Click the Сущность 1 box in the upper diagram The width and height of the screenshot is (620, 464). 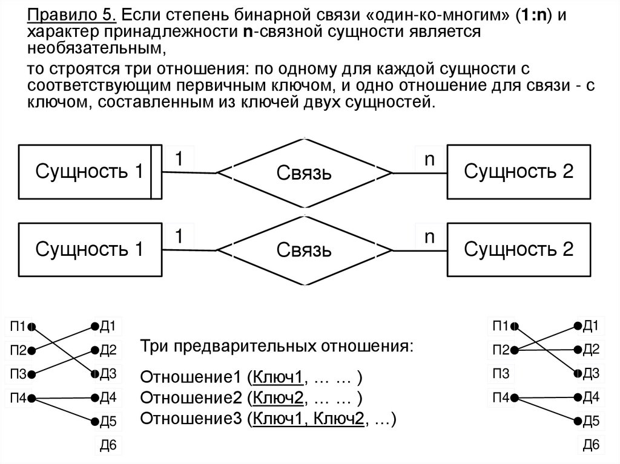pyautogui.click(x=85, y=172)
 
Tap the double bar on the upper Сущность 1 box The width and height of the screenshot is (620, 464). pyautogui.click(x=156, y=172)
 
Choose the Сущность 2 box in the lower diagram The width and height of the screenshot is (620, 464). pyautogui.click(x=518, y=249)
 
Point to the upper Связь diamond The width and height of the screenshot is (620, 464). pyautogui.click(x=305, y=174)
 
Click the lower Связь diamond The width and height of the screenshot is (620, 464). pyautogui.click(x=305, y=249)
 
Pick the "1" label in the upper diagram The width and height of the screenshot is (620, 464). pyautogui.click(x=179, y=159)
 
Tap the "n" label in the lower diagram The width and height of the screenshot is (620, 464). pyautogui.click(x=430, y=237)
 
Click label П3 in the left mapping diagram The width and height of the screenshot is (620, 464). pyautogui.click(x=18, y=374)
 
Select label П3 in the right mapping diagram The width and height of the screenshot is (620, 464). pyautogui.click(x=501, y=373)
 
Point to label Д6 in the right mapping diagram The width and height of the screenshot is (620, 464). pyautogui.click(x=590, y=445)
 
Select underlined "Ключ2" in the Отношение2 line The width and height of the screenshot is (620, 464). pyautogui.click(x=279, y=398)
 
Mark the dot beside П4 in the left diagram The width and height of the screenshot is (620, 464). pyautogui.click(x=31, y=398)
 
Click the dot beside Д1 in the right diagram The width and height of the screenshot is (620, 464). pyautogui.click(x=578, y=327)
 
